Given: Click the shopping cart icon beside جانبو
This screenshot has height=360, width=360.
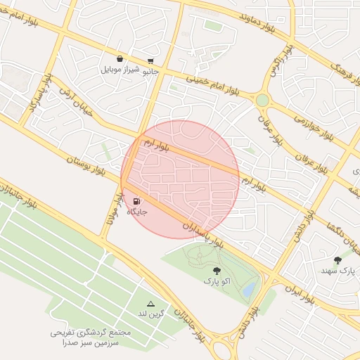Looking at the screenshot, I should click(151, 61).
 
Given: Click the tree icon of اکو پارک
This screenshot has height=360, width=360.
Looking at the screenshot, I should click(216, 271).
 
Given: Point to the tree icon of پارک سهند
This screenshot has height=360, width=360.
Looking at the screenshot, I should click(337, 260).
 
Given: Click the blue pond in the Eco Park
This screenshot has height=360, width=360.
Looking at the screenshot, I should click(248, 290).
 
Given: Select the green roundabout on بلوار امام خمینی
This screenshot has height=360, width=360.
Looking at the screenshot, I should click(262, 101).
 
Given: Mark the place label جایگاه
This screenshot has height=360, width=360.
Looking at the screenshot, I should click(136, 212).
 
